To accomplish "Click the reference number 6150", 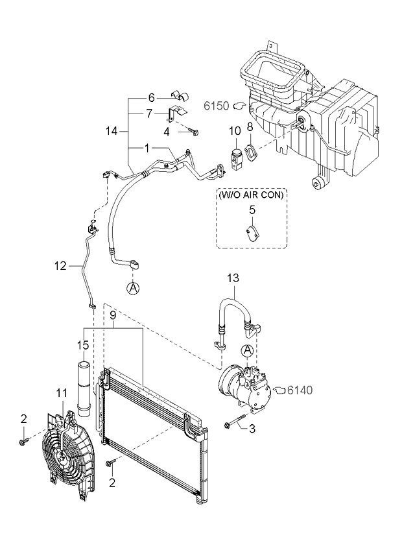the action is coord(217,106).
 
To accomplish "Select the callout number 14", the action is coord(112,132).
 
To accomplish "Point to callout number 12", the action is coord(60,266).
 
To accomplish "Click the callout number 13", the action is coord(233,278).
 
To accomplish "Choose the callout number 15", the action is coord(84,346).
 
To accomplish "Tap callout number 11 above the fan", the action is coord(61,393).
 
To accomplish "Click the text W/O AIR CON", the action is coord(251,195).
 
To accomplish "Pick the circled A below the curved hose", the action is coord(133,288).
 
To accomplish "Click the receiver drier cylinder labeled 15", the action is coord(84,389).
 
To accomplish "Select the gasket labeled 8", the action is coord(251,153).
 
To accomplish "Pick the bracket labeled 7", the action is coord(178,113).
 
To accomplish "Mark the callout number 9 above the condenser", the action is coord(113,316).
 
